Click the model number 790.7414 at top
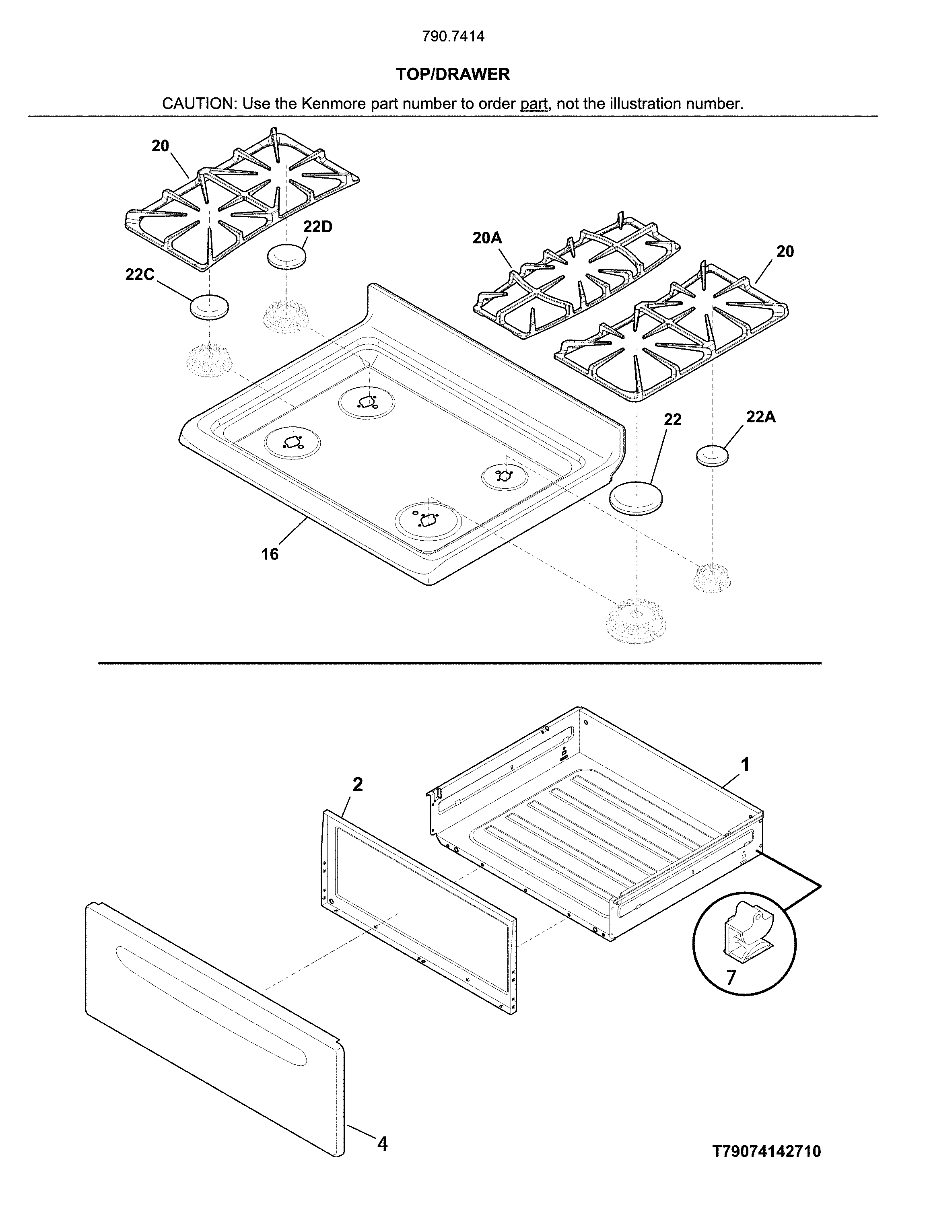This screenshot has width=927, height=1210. pos(453,37)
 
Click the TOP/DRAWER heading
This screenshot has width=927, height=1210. pos(453,74)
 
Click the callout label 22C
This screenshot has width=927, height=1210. pos(140,274)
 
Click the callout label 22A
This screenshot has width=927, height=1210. pos(760,417)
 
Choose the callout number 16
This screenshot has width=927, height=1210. pos(270,554)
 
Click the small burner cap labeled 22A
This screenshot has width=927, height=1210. pos(713,456)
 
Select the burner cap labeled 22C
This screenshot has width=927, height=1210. pos(209,307)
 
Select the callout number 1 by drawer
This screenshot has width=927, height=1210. pos(745,765)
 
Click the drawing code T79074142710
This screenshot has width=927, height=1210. pos(766,1151)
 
